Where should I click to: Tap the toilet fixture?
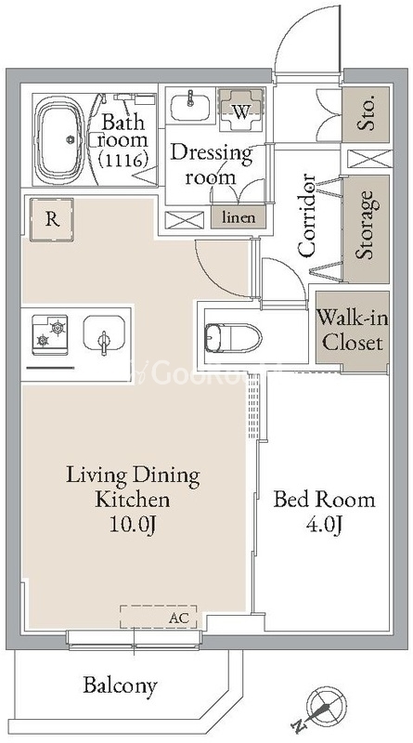pos(233,338)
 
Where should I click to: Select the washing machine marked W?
pos(241,110)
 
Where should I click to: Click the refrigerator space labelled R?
pos(52,219)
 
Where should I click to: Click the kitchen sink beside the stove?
pos(104,334)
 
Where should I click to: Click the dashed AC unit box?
pos(158,617)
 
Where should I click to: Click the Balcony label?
pos(120,685)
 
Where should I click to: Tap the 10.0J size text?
pos(133,524)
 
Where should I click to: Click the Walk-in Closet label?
pos(353,329)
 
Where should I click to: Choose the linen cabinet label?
pos(239,217)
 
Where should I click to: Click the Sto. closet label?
pos(366,112)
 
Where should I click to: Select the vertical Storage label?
pos(367,225)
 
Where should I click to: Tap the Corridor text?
pos(306,215)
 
